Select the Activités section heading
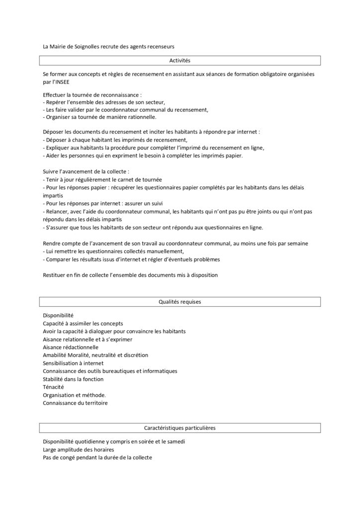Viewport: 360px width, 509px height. [180, 61]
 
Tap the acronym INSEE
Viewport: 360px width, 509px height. [63, 82]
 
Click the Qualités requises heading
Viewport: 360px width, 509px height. [180, 302]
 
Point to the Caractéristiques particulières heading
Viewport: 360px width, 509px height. [180, 427]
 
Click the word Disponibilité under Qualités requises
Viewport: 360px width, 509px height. [58, 316]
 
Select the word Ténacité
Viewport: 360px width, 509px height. [53, 387]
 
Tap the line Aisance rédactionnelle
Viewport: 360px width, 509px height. [71, 347]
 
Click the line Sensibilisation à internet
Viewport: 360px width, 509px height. [73, 363]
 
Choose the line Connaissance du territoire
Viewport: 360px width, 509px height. [75, 403]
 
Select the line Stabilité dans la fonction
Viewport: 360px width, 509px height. [73, 379]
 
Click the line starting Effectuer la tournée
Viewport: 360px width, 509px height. [92, 94]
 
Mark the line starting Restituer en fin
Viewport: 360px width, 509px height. [130, 275]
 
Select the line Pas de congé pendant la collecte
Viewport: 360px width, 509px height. [97, 457]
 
